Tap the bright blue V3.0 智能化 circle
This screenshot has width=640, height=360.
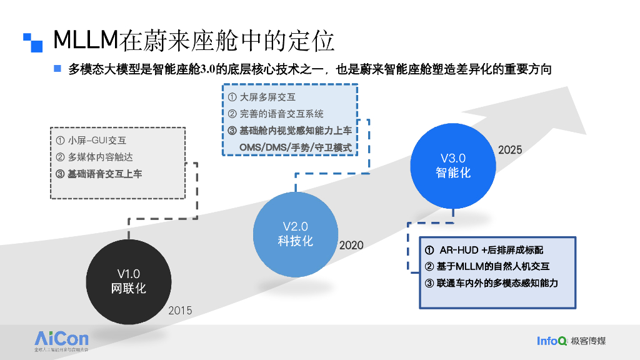[x=452, y=166]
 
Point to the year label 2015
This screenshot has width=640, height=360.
[x=181, y=310]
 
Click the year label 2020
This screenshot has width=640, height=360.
[x=351, y=246]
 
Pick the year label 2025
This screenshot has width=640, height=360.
[x=510, y=150]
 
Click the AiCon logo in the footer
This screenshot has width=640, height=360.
[x=61, y=339]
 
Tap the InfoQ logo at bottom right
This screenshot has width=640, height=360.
[x=552, y=341]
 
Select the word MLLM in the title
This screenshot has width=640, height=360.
[x=86, y=40]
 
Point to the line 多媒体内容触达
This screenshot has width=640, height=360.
[x=94, y=157]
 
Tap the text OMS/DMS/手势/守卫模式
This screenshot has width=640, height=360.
[x=296, y=147]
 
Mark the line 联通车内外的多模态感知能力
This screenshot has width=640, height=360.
[x=491, y=283]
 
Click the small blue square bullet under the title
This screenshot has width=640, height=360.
[x=57, y=68]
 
